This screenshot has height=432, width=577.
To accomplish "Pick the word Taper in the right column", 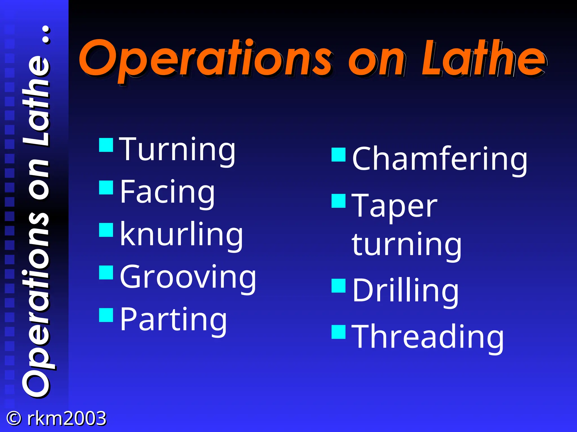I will coord(395,207).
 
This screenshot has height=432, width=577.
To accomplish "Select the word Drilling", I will coord(405,291).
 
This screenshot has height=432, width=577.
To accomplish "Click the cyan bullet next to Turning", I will coord(106,145).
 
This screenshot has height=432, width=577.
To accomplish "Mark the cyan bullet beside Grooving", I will coord(106,272).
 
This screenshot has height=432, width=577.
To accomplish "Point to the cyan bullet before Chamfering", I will coord(338,155).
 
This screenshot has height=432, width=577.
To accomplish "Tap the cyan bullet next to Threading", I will coord(338,332).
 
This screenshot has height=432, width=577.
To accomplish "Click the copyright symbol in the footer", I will coord(14,418).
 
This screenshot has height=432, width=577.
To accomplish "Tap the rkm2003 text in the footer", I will coord(66,418).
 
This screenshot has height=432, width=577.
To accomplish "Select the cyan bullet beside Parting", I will coord(106,315).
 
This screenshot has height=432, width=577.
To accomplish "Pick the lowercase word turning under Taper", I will coord(407,245).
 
